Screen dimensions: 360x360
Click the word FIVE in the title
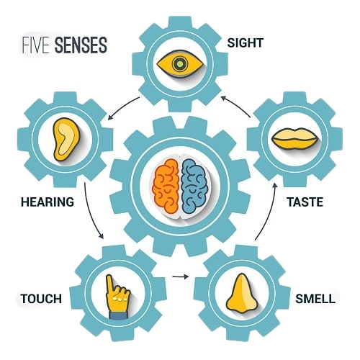pyautogui.click(x=36, y=45)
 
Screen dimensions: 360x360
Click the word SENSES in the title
pyautogui.click(x=81, y=45)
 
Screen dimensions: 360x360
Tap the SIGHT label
pyautogui.click(x=245, y=43)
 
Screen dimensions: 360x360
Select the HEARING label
pyautogui.click(x=48, y=202)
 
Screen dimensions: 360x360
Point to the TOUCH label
pyautogui.click(x=41, y=299)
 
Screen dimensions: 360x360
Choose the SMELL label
pyautogui.click(x=315, y=299)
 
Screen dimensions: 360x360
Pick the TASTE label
pyautogui.click(x=305, y=202)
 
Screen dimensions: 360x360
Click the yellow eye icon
pyautogui.click(x=180, y=64)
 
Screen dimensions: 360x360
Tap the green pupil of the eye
pyautogui.click(x=179, y=64)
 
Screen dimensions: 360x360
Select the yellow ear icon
pyautogui.click(x=66, y=139)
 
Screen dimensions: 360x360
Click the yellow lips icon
pyautogui.click(x=295, y=139)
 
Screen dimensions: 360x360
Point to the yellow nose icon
pyautogui.click(x=242, y=294)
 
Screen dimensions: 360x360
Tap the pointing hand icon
pyautogui.click(x=117, y=297)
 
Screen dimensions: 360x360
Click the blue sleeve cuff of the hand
pyautogui.click(x=118, y=315)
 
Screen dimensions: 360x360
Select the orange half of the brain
pyautogui.click(x=166, y=186)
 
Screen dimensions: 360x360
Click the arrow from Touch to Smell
pyautogui.click(x=180, y=276)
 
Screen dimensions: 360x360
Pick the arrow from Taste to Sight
pyautogui.click(x=236, y=105)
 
